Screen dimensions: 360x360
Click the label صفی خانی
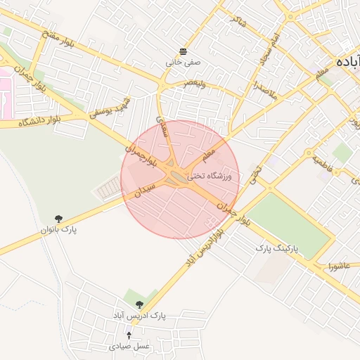pos(183,62)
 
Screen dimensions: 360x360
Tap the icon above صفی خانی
pos(183,51)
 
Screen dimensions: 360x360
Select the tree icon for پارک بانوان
pos(58,219)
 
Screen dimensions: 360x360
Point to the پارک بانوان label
pos(62,230)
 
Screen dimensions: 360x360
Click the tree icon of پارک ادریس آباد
pos(139,305)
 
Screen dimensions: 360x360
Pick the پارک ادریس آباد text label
pos(143,316)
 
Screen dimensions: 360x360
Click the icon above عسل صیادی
pos(129,335)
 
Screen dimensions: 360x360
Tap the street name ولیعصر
pos(195,83)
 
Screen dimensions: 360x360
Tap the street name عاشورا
pos(339,266)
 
